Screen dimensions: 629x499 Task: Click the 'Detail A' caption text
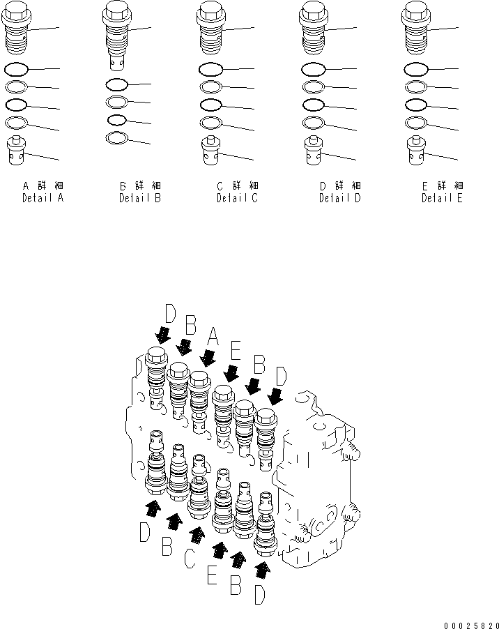(x=43, y=198)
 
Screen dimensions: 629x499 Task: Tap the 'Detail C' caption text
(x=237, y=198)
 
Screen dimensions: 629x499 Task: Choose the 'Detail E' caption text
(x=442, y=198)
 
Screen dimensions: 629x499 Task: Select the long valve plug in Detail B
(x=116, y=35)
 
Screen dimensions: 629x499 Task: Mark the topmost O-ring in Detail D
(x=313, y=70)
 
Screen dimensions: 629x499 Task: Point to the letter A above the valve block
(x=213, y=340)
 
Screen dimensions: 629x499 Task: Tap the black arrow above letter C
(x=197, y=535)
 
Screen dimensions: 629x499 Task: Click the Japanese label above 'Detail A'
(x=43, y=186)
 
